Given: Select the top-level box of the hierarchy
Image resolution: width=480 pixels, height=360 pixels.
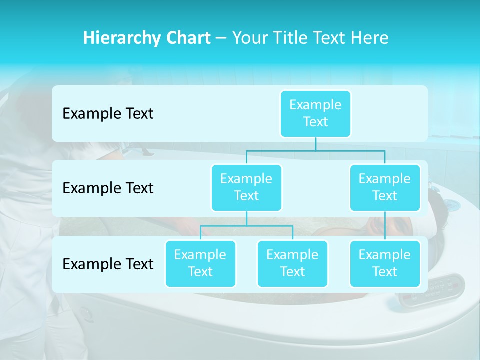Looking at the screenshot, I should pos(315,113).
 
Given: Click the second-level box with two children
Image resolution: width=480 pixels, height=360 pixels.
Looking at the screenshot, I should pos(246,187).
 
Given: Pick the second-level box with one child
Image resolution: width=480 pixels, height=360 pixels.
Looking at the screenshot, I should pos(385,187).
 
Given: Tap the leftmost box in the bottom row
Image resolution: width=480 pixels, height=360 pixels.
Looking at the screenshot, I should pos(200,263).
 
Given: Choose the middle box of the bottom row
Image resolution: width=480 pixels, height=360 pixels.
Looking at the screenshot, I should pos(292,263).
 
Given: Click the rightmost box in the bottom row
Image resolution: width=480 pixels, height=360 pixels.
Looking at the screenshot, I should pos(385,263).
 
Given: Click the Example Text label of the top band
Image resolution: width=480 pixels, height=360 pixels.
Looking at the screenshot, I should pos(108,114).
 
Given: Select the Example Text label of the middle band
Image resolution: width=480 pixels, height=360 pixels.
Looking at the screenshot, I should pos(108,188).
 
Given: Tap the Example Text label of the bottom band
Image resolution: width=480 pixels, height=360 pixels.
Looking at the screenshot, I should pos(108,264).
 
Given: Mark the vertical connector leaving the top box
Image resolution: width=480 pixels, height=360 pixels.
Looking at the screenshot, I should pos(315,144).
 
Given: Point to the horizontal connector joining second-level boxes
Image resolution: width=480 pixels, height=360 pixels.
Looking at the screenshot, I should pos(315,150).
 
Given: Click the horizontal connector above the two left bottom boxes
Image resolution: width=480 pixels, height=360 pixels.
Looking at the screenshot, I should pos(246,226).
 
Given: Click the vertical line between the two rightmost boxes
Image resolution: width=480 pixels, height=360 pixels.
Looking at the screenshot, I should pos(385,226).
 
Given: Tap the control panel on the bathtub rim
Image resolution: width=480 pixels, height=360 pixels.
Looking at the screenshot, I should pos(432,290).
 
